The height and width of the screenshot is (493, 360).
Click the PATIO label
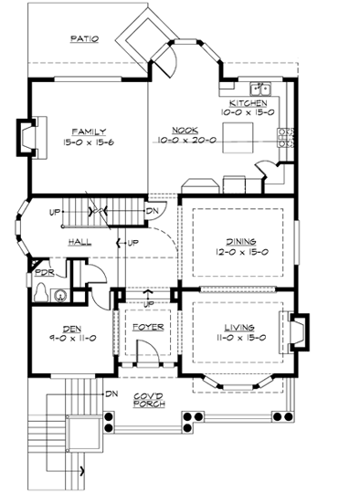(x=84, y=38)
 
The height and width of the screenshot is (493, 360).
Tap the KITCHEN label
(x=248, y=103)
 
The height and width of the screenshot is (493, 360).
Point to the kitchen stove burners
(x=285, y=137)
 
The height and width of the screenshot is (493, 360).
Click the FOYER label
(x=147, y=326)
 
